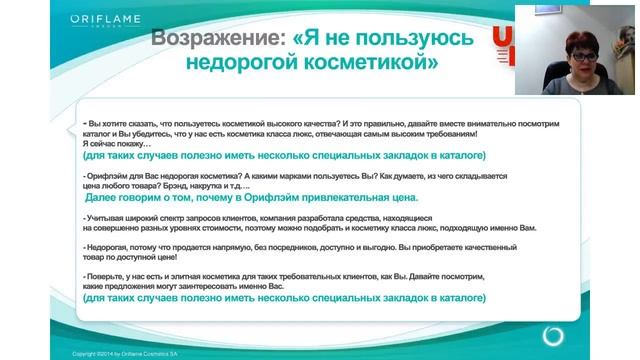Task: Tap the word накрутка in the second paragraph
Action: point(237,187)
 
